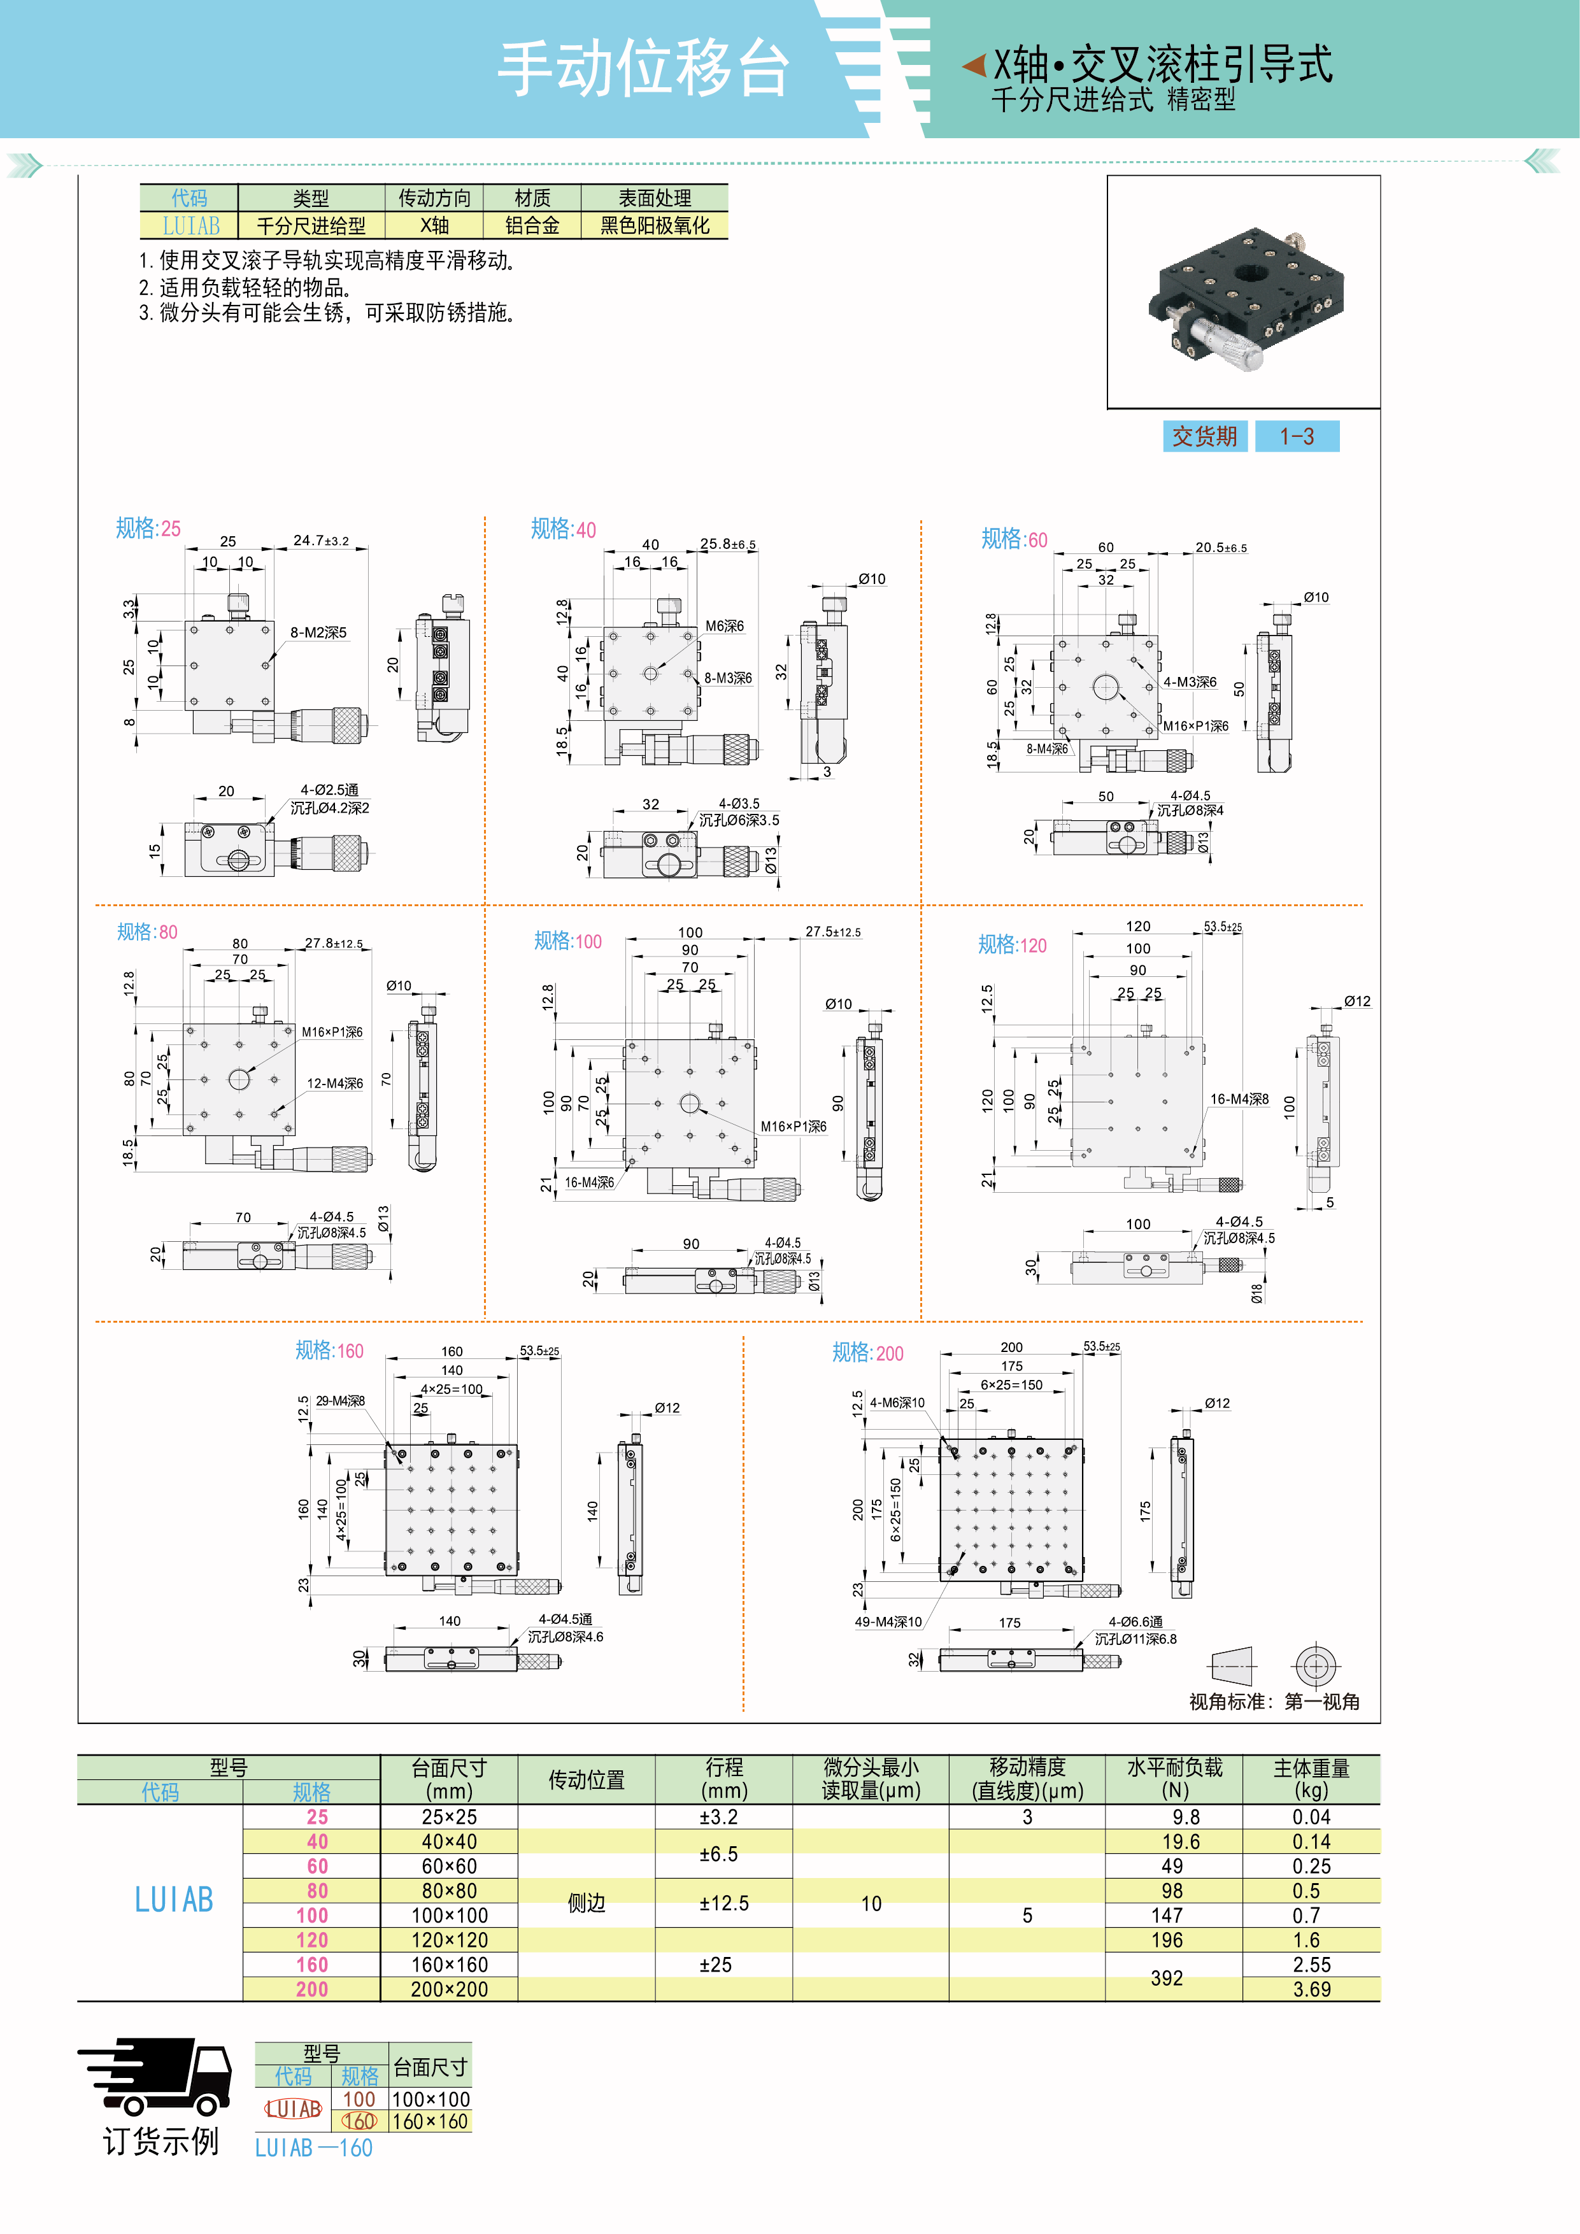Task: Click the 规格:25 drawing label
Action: (148, 529)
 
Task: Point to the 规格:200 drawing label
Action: (867, 1353)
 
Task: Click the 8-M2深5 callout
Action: (318, 632)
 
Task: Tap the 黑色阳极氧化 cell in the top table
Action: (655, 225)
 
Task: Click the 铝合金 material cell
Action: (532, 225)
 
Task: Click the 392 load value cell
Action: (1167, 1977)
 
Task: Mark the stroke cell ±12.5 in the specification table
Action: (724, 1903)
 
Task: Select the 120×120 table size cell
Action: (450, 1940)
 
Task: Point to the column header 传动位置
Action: (586, 1779)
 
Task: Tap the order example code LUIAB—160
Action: (313, 2147)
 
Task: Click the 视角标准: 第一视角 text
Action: (1274, 1702)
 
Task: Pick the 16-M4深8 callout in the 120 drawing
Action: (1239, 1099)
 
